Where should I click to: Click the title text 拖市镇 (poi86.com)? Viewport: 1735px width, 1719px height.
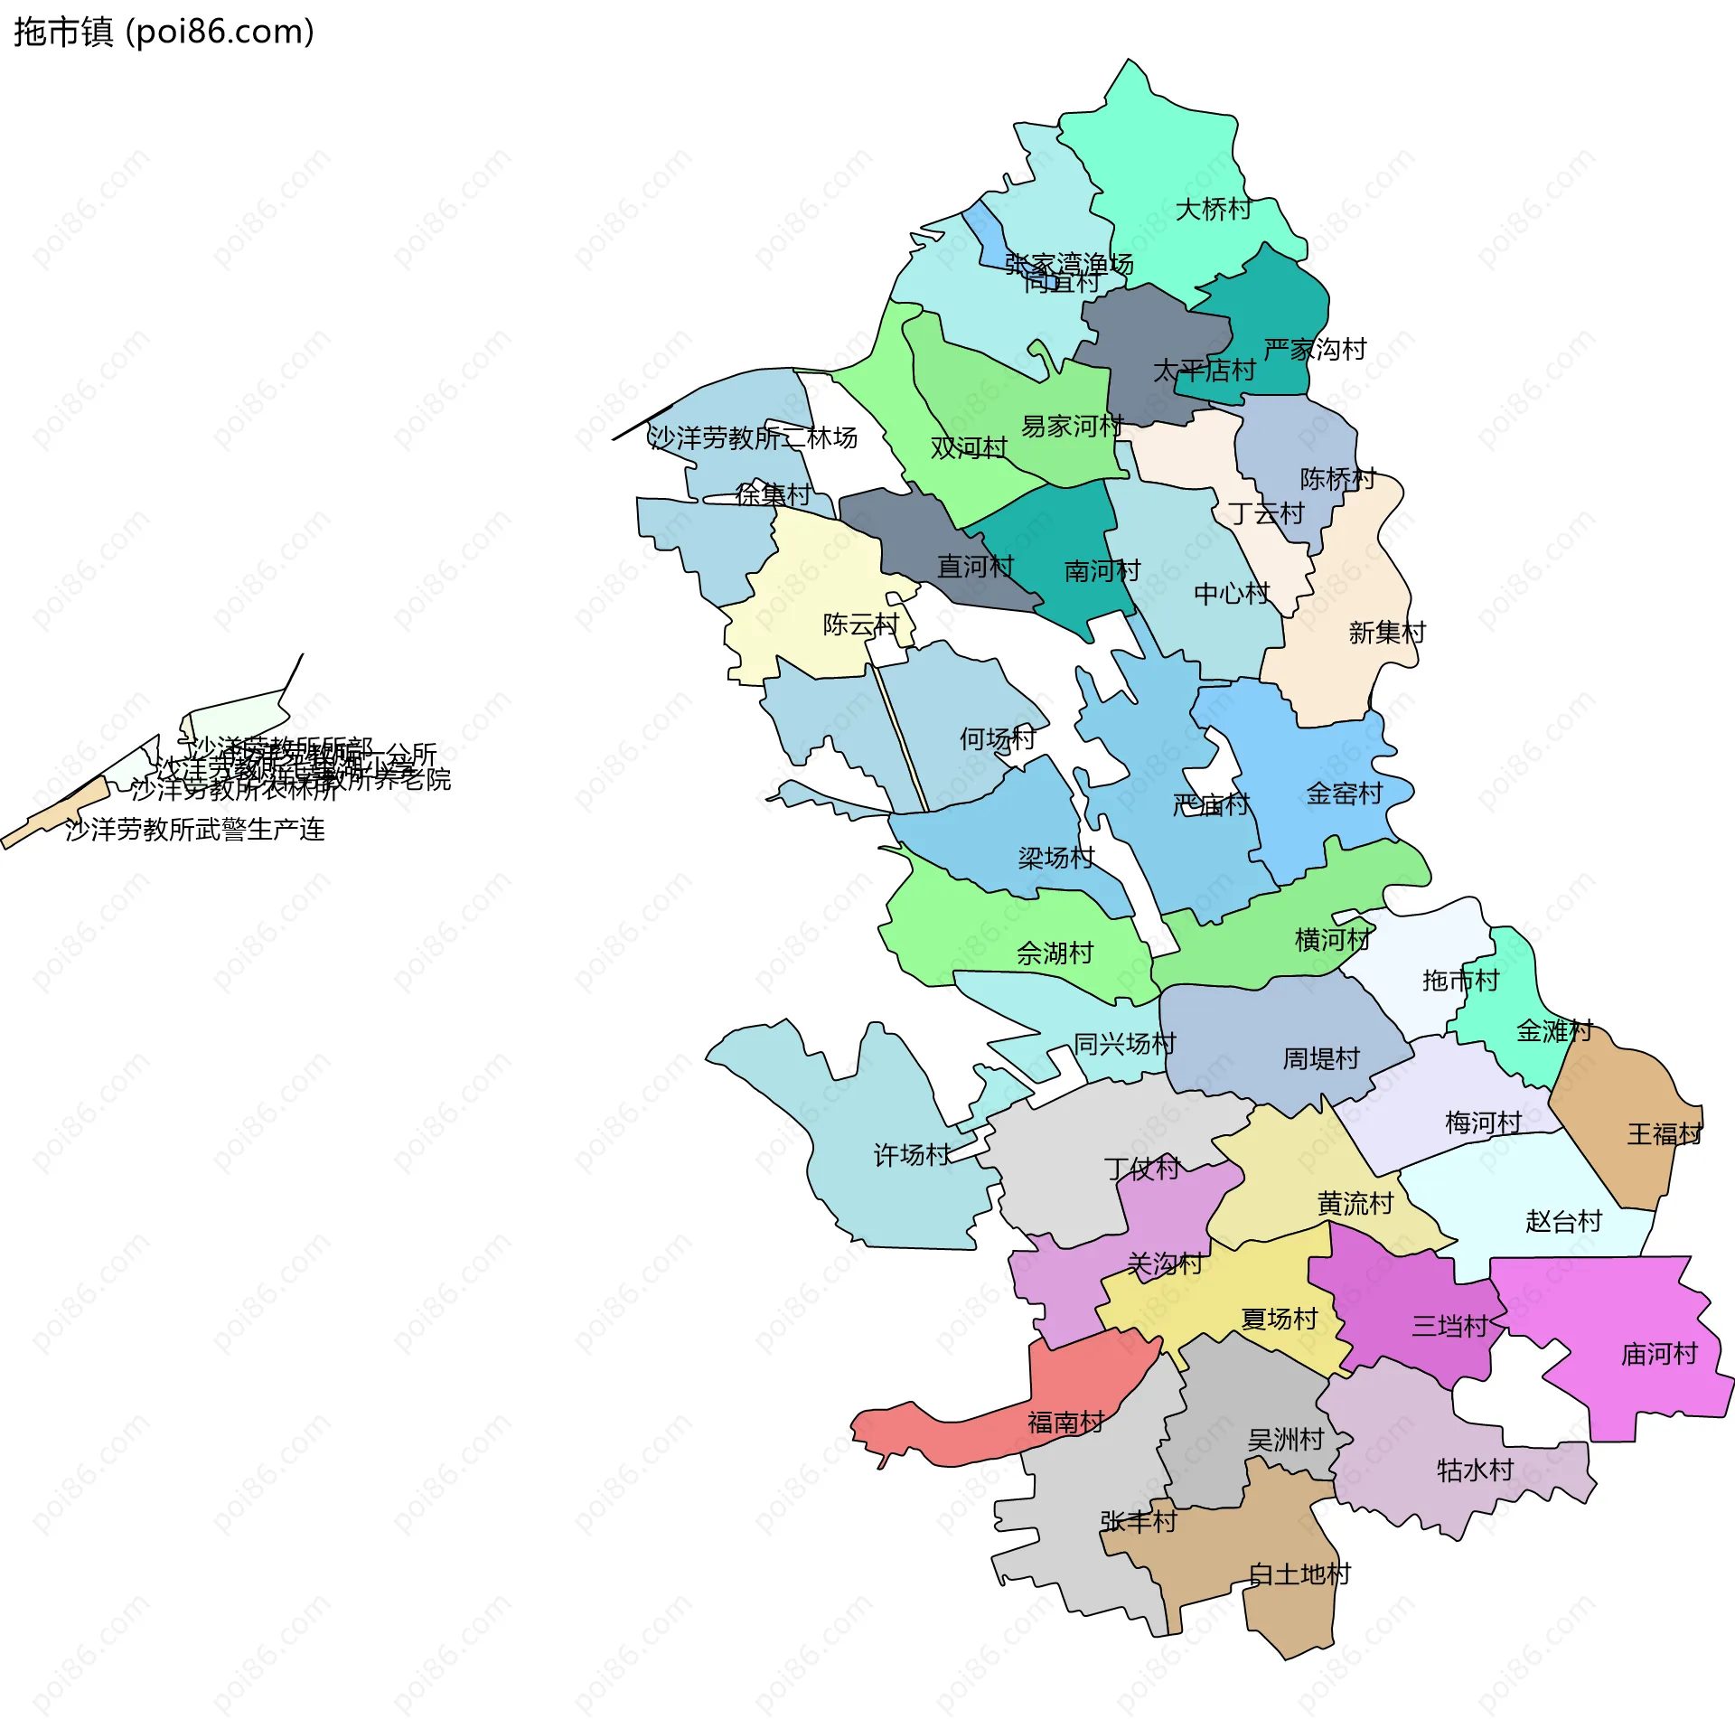pyautogui.click(x=164, y=32)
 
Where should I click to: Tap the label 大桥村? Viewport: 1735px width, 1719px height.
pyautogui.click(x=1213, y=210)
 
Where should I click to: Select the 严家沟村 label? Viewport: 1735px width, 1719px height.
pyautogui.click(x=1314, y=350)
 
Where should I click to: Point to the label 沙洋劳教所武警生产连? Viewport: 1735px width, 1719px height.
pyautogui.click(x=194, y=830)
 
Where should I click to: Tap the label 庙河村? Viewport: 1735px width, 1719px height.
pyautogui.click(x=1659, y=1354)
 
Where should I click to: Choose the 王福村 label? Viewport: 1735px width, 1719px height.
pyautogui.click(x=1665, y=1134)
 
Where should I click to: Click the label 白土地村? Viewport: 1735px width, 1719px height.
pyautogui.click(x=1299, y=1574)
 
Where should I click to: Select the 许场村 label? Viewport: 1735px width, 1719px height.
pyautogui.click(x=912, y=1155)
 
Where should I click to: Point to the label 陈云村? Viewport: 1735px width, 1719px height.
pyautogui.click(x=860, y=625)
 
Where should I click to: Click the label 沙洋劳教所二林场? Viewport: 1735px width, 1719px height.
pyautogui.click(x=753, y=438)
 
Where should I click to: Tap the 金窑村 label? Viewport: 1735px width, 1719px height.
pyautogui.click(x=1345, y=794)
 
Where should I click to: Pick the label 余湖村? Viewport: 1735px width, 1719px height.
pyautogui.click(x=1055, y=953)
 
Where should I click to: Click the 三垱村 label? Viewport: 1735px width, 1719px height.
pyautogui.click(x=1449, y=1327)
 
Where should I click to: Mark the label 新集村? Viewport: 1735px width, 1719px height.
pyautogui.click(x=1386, y=633)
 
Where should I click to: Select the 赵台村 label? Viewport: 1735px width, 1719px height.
pyautogui.click(x=1563, y=1222)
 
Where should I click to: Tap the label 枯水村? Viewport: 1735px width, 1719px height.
pyautogui.click(x=1475, y=1470)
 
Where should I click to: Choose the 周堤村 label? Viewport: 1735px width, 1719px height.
pyautogui.click(x=1321, y=1058)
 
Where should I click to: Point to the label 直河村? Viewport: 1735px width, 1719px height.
pyautogui.click(x=975, y=567)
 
